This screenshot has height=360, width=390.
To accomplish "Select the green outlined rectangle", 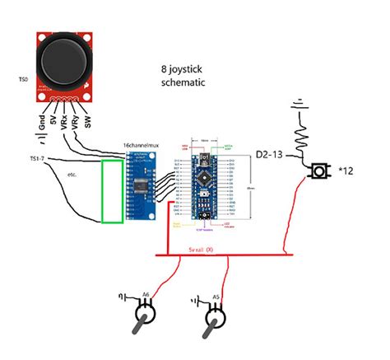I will [112, 191].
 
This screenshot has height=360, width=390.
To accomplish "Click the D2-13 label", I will [271, 155].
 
